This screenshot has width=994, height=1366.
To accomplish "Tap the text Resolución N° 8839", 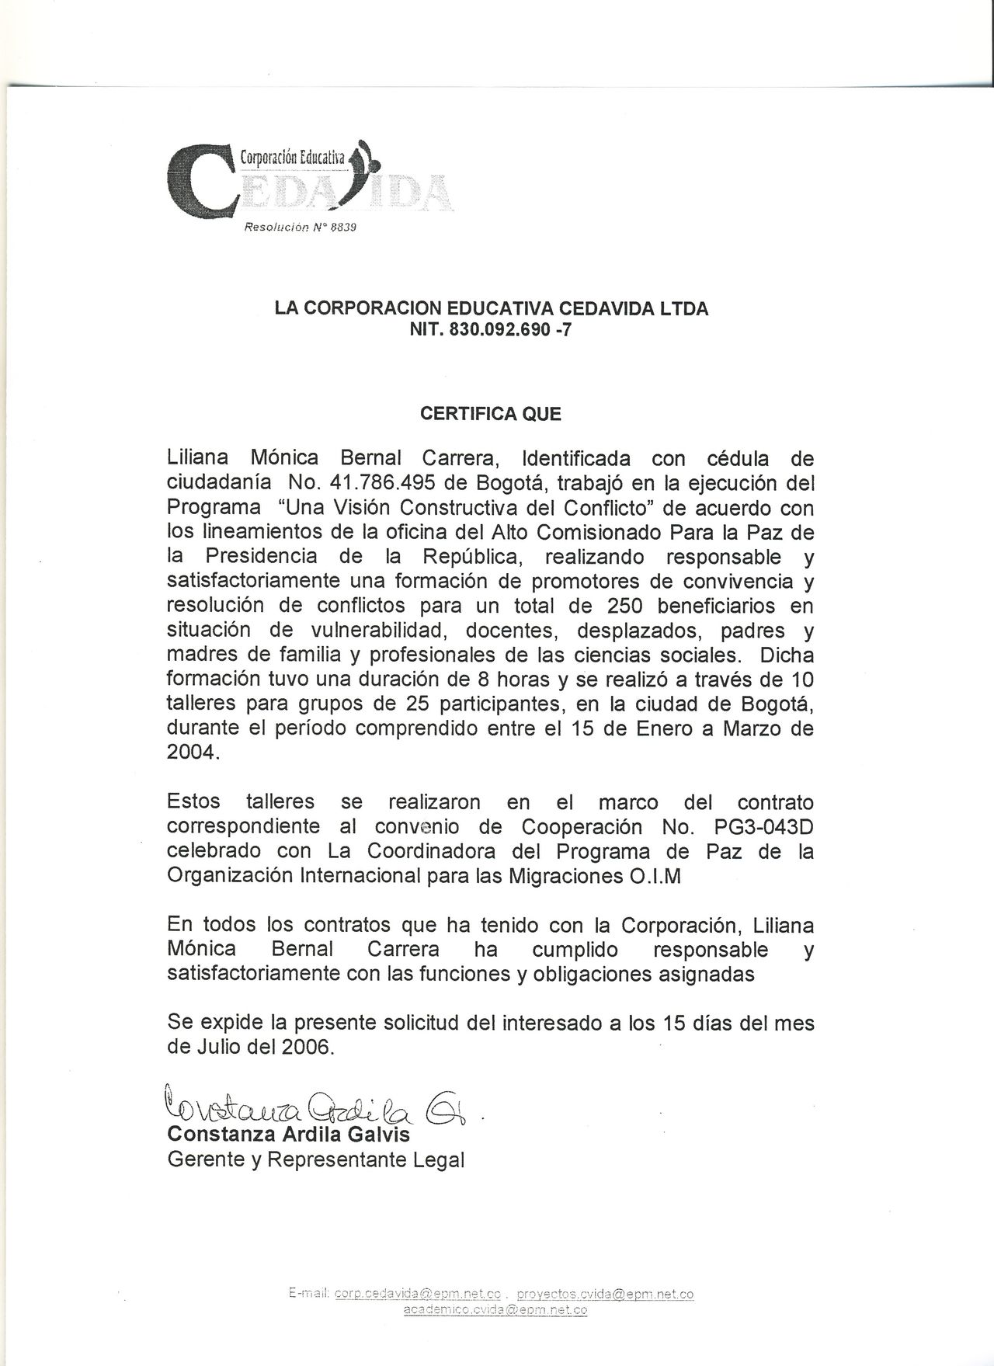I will (300, 228).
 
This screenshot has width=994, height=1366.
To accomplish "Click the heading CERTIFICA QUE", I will (490, 414).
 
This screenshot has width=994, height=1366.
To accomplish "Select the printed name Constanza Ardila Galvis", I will (289, 1135).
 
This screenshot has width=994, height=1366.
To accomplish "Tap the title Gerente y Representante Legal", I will (316, 1160).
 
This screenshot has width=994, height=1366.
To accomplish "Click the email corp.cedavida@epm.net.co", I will (417, 1294).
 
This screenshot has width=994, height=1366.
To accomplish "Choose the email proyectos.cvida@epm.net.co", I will (605, 1294).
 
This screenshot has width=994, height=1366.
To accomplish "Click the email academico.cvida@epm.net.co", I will (495, 1309).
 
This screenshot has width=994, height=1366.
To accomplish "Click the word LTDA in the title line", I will (684, 308).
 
